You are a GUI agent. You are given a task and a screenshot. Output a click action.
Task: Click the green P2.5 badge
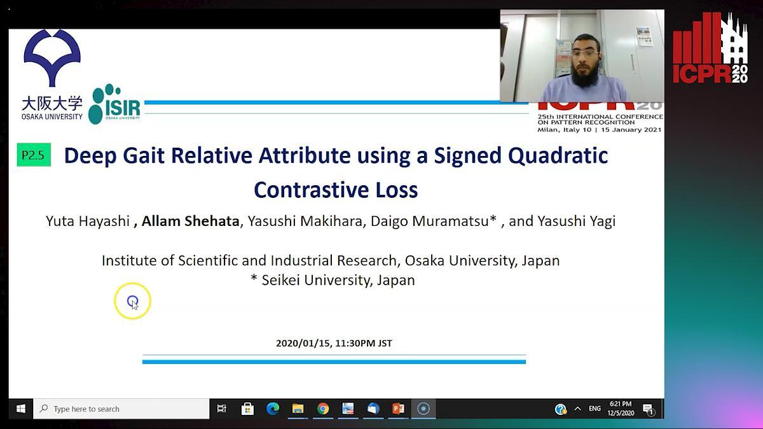pyautogui.click(x=34, y=155)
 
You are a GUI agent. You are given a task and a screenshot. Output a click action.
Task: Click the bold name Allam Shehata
pyautogui.click(x=190, y=221)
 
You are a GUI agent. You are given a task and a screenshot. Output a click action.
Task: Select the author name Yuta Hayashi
pyautogui.click(x=88, y=221)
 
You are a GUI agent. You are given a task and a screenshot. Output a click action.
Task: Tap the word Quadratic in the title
pyautogui.click(x=558, y=156)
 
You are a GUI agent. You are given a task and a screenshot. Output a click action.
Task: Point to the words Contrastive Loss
pyautogui.click(x=336, y=190)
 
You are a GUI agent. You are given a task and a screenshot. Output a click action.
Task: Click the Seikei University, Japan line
pyautogui.click(x=333, y=280)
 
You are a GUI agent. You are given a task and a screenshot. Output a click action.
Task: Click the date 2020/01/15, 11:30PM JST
pyautogui.click(x=334, y=342)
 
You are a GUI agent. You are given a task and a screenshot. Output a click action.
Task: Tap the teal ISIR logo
pyautogui.click(x=114, y=104)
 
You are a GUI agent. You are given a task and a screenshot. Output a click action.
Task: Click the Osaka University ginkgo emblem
pyautogui.click(x=52, y=58)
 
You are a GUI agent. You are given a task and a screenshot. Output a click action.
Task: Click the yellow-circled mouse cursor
pyautogui.click(x=132, y=301)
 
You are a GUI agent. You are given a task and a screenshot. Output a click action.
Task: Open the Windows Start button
pyautogui.click(x=21, y=409)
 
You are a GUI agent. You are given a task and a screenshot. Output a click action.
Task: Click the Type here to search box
pyautogui.click(x=121, y=409)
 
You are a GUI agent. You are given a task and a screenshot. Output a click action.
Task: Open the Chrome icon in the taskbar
pyautogui.click(x=323, y=408)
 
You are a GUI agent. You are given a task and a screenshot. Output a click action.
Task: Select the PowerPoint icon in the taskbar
pyautogui.click(x=398, y=408)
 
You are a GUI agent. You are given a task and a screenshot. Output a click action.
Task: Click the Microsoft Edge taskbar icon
pyautogui.click(x=273, y=408)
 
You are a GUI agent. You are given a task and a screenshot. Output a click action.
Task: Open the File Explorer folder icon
pyautogui.click(x=298, y=408)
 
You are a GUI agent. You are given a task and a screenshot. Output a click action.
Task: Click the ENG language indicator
pyautogui.click(x=595, y=409)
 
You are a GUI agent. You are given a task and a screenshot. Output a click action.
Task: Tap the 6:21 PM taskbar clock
pyautogui.click(x=621, y=404)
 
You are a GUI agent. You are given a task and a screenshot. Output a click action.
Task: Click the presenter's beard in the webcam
pyautogui.click(x=584, y=76)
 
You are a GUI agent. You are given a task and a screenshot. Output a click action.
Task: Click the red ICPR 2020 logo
pyautogui.click(x=711, y=48)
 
